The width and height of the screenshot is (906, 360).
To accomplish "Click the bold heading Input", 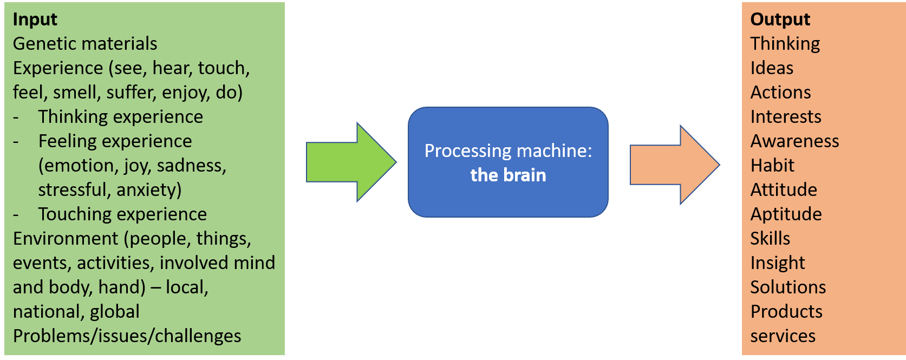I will coord(35,19).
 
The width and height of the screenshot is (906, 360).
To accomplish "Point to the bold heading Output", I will coord(780,19).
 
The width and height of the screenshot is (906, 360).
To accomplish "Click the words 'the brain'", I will coord(508,175).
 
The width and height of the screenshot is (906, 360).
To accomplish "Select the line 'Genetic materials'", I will coord(85,44).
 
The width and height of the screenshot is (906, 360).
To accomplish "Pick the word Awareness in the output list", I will coord(794,141).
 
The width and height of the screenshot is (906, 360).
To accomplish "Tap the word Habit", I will coord(772,166).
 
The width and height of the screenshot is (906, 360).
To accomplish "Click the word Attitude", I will coord(784,190).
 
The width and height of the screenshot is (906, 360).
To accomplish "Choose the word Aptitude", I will coord(786,214).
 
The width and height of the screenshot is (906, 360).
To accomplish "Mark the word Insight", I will coord(778,263).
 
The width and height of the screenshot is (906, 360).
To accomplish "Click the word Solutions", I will coord(788,287).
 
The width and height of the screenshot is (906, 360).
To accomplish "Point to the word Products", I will coord(786,312).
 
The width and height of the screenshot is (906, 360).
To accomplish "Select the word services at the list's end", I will coord(783,336).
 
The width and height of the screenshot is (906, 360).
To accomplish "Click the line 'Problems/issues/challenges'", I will coord(127,336).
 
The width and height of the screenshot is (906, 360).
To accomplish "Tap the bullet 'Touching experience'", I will coord(122,214).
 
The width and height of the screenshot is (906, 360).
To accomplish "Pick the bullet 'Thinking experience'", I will coord(120,117).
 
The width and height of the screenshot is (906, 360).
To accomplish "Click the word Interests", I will coord(786,117).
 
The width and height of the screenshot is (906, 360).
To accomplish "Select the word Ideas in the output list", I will coord(772,68).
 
